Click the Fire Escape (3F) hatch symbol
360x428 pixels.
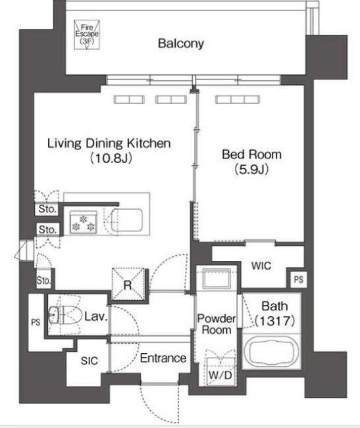(x=87, y=35)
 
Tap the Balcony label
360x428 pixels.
(x=181, y=43)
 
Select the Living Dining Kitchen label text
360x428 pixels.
(x=109, y=143)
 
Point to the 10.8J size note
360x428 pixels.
(x=111, y=158)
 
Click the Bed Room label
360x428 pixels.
(x=251, y=155)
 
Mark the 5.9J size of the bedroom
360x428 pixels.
(x=251, y=170)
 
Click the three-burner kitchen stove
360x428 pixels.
(x=84, y=222)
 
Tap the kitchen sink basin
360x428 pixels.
(x=127, y=220)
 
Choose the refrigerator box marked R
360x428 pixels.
(x=128, y=284)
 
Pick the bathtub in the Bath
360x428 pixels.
(x=272, y=352)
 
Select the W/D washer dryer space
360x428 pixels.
(x=220, y=371)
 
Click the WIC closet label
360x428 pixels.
(x=261, y=266)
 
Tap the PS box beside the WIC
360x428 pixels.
(x=298, y=279)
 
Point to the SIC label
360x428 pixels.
(x=90, y=361)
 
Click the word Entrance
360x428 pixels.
(x=163, y=358)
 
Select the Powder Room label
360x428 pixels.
(x=217, y=324)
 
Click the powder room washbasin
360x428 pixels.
(x=217, y=278)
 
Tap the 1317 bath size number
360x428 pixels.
(x=275, y=321)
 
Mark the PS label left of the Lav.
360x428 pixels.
(x=36, y=322)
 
